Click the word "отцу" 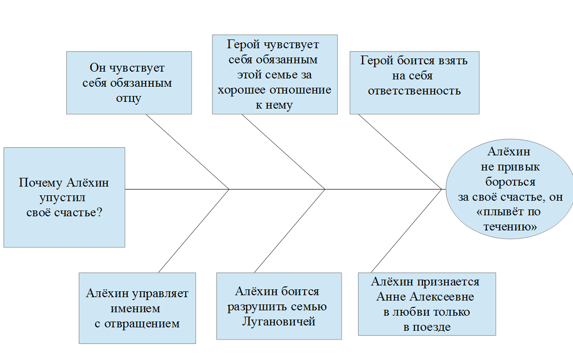click(x=129, y=98)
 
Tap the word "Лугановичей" click(x=279, y=322)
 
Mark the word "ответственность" click(x=414, y=91)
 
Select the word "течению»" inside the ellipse click(x=510, y=227)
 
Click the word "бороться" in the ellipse click(x=510, y=182)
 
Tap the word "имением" click(x=135, y=308)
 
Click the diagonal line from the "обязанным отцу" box click(x=188, y=151)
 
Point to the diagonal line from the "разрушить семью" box click(x=289, y=230)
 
